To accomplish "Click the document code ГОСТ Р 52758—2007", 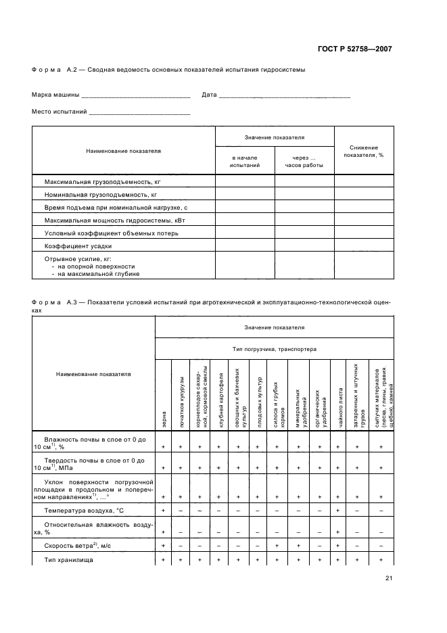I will [x=355, y=49].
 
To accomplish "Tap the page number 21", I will [x=389, y=578].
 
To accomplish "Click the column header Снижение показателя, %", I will [x=363, y=151].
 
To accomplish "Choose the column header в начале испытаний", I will [x=245, y=161].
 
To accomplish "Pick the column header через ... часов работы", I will [x=304, y=161].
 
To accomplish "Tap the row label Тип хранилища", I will [x=68, y=560].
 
